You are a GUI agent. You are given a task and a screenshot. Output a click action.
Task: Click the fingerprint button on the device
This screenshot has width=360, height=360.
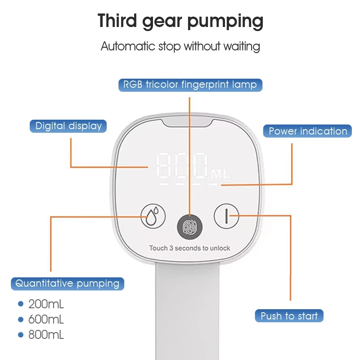click(x=189, y=227)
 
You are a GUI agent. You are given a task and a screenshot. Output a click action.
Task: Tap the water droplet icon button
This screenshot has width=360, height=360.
click(x=153, y=216)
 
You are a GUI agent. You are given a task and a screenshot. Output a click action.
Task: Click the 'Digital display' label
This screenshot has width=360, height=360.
click(x=68, y=126)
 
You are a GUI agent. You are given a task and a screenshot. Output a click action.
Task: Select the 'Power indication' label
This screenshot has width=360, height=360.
click(x=307, y=131)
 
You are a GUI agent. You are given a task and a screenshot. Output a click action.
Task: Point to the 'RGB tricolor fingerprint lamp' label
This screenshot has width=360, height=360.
click(x=190, y=85)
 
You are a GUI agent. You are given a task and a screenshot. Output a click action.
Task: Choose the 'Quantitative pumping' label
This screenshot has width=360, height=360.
click(x=67, y=284)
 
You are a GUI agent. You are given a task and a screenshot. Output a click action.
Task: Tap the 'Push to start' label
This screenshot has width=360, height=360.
click(x=289, y=316)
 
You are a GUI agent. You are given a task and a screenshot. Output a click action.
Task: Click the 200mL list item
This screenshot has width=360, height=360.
click(x=46, y=304)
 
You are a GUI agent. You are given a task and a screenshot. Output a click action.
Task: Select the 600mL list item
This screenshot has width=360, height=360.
click(x=46, y=319)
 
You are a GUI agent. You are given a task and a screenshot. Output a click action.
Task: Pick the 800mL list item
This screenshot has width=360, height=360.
click(x=46, y=335)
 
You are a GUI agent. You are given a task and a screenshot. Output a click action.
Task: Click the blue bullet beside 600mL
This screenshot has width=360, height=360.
click(x=21, y=319)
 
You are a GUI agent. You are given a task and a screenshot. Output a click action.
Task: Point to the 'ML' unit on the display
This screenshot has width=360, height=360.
click(x=220, y=174)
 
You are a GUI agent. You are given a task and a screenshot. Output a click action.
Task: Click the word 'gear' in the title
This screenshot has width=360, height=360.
click(x=162, y=22)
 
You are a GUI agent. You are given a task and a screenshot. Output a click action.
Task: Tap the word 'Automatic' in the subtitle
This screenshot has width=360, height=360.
click(x=128, y=46)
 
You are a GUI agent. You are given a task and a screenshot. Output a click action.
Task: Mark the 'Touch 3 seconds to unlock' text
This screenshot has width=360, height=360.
click(x=189, y=248)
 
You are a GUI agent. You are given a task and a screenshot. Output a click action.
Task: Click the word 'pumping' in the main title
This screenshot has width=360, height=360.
click(x=225, y=22)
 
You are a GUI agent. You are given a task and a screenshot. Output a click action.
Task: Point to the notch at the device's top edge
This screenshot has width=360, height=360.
click(x=188, y=122)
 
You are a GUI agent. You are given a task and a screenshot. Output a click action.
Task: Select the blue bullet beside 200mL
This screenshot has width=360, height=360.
click(x=21, y=304)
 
